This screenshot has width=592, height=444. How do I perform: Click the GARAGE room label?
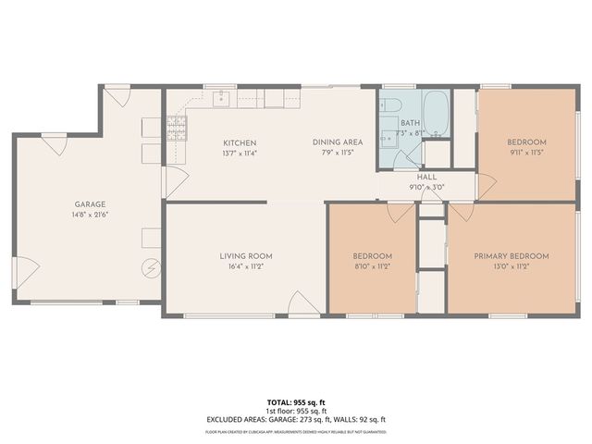pyautogui.click(x=90, y=204)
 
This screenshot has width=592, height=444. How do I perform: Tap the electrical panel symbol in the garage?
pyautogui.click(x=151, y=268)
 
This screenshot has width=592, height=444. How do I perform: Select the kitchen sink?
pyautogui.click(x=223, y=97)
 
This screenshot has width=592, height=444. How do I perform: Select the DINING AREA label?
pyautogui.click(x=337, y=142)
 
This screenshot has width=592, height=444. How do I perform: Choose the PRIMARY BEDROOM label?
pyautogui.click(x=512, y=256)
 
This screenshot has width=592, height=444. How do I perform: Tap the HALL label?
pyautogui.click(x=427, y=177)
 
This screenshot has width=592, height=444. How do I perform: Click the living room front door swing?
pyautogui.click(x=303, y=303)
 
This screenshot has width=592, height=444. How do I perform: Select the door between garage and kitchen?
pyautogui.click(x=169, y=181)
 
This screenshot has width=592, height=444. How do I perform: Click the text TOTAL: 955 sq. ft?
pyautogui.click(x=296, y=402)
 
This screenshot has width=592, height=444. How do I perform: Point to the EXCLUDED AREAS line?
pyautogui.click(x=296, y=419)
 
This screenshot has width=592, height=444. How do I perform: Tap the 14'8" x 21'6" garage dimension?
pyautogui.click(x=90, y=215)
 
